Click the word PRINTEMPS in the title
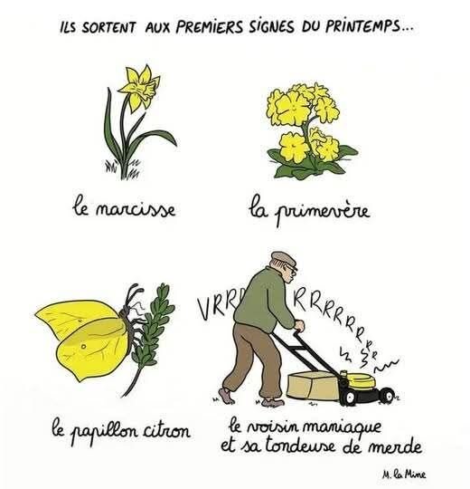point(362,27)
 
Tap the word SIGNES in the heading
point(271,27)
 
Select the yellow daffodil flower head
point(139,87)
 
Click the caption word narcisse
point(135,210)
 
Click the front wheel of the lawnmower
point(387,396)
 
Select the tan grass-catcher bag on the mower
point(312,386)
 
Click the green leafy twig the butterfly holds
point(150,337)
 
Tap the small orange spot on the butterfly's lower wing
point(83,346)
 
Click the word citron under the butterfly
point(166,432)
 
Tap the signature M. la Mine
point(404,475)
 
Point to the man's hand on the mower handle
point(299,326)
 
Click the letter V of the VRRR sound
point(205,308)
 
